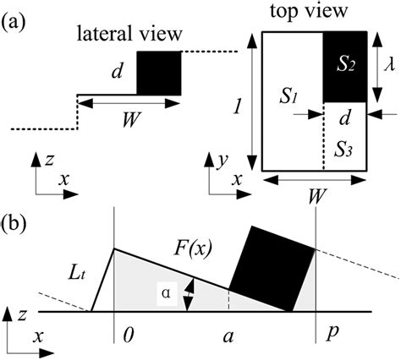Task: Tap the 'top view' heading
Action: (x=300, y=12)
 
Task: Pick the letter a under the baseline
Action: (x=228, y=336)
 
